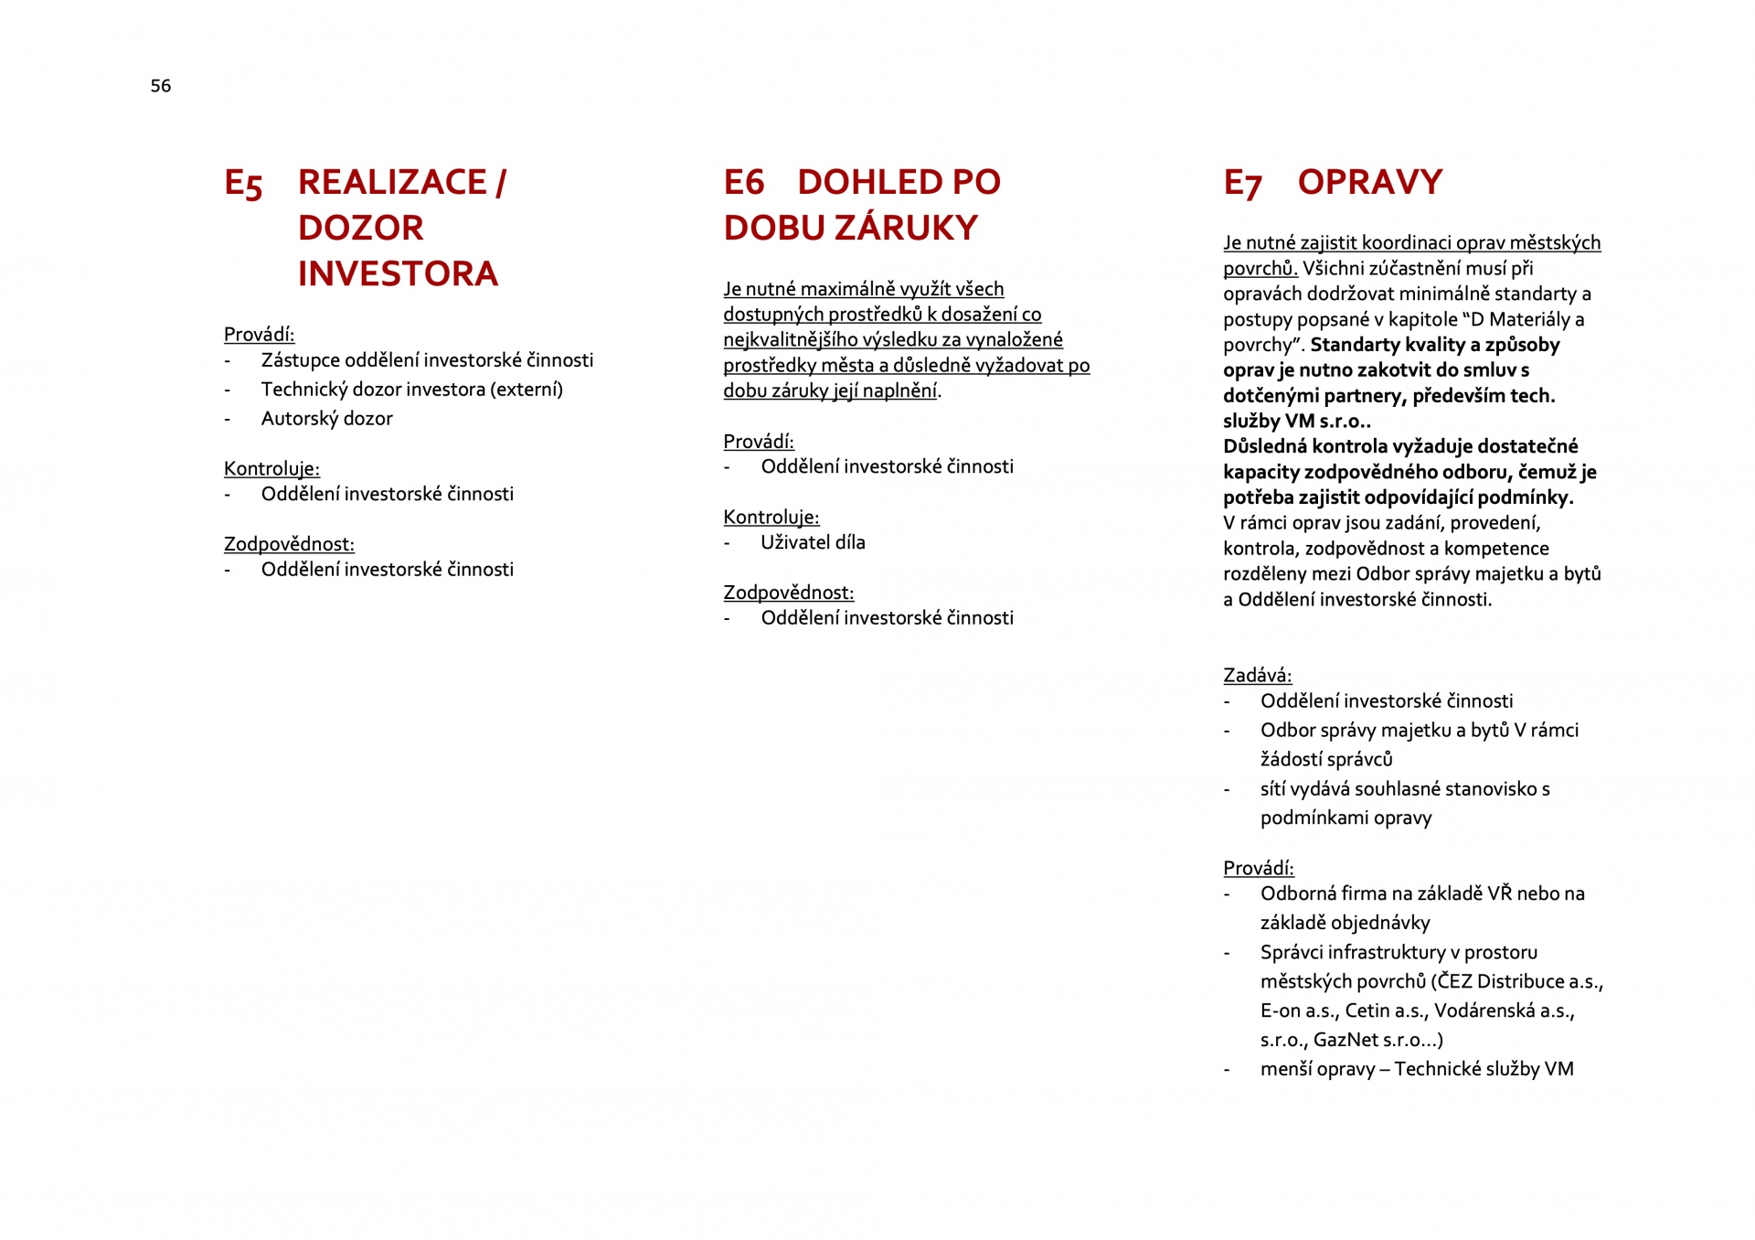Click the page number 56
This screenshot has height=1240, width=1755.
point(161,86)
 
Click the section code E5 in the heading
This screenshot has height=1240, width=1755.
point(243,184)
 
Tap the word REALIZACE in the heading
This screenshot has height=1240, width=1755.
point(392,182)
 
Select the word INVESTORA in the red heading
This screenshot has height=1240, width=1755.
point(398,273)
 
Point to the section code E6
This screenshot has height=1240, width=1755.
point(743,182)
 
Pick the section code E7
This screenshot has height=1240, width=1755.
point(1242,184)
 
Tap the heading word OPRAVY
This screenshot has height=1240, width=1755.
point(1369,182)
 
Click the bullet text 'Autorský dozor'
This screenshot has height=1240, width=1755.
point(326,419)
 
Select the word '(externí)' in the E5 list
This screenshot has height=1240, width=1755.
point(526,390)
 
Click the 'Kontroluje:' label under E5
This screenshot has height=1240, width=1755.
point(271,469)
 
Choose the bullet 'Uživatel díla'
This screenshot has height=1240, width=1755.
point(813,542)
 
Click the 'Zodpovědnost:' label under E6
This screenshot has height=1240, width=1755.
point(788,593)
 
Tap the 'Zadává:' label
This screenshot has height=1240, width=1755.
point(1257,676)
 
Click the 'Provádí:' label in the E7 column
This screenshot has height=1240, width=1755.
point(1258,868)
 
